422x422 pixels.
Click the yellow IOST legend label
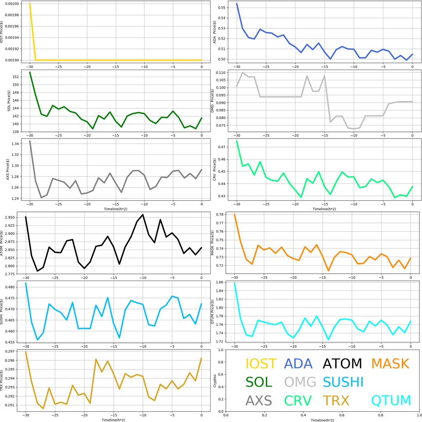(x=261, y=364)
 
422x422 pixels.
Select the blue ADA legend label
(x=299, y=364)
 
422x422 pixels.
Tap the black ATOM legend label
(x=342, y=364)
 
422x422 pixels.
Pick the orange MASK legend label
(x=390, y=364)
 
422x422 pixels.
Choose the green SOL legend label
(x=259, y=382)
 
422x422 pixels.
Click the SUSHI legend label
(x=343, y=382)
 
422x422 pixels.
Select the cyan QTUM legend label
(x=391, y=401)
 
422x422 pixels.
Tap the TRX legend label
(x=335, y=401)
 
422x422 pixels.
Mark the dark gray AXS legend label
(x=259, y=401)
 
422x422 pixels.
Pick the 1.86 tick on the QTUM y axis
(x=220, y=282)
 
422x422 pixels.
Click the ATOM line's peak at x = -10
(x=143, y=214)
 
